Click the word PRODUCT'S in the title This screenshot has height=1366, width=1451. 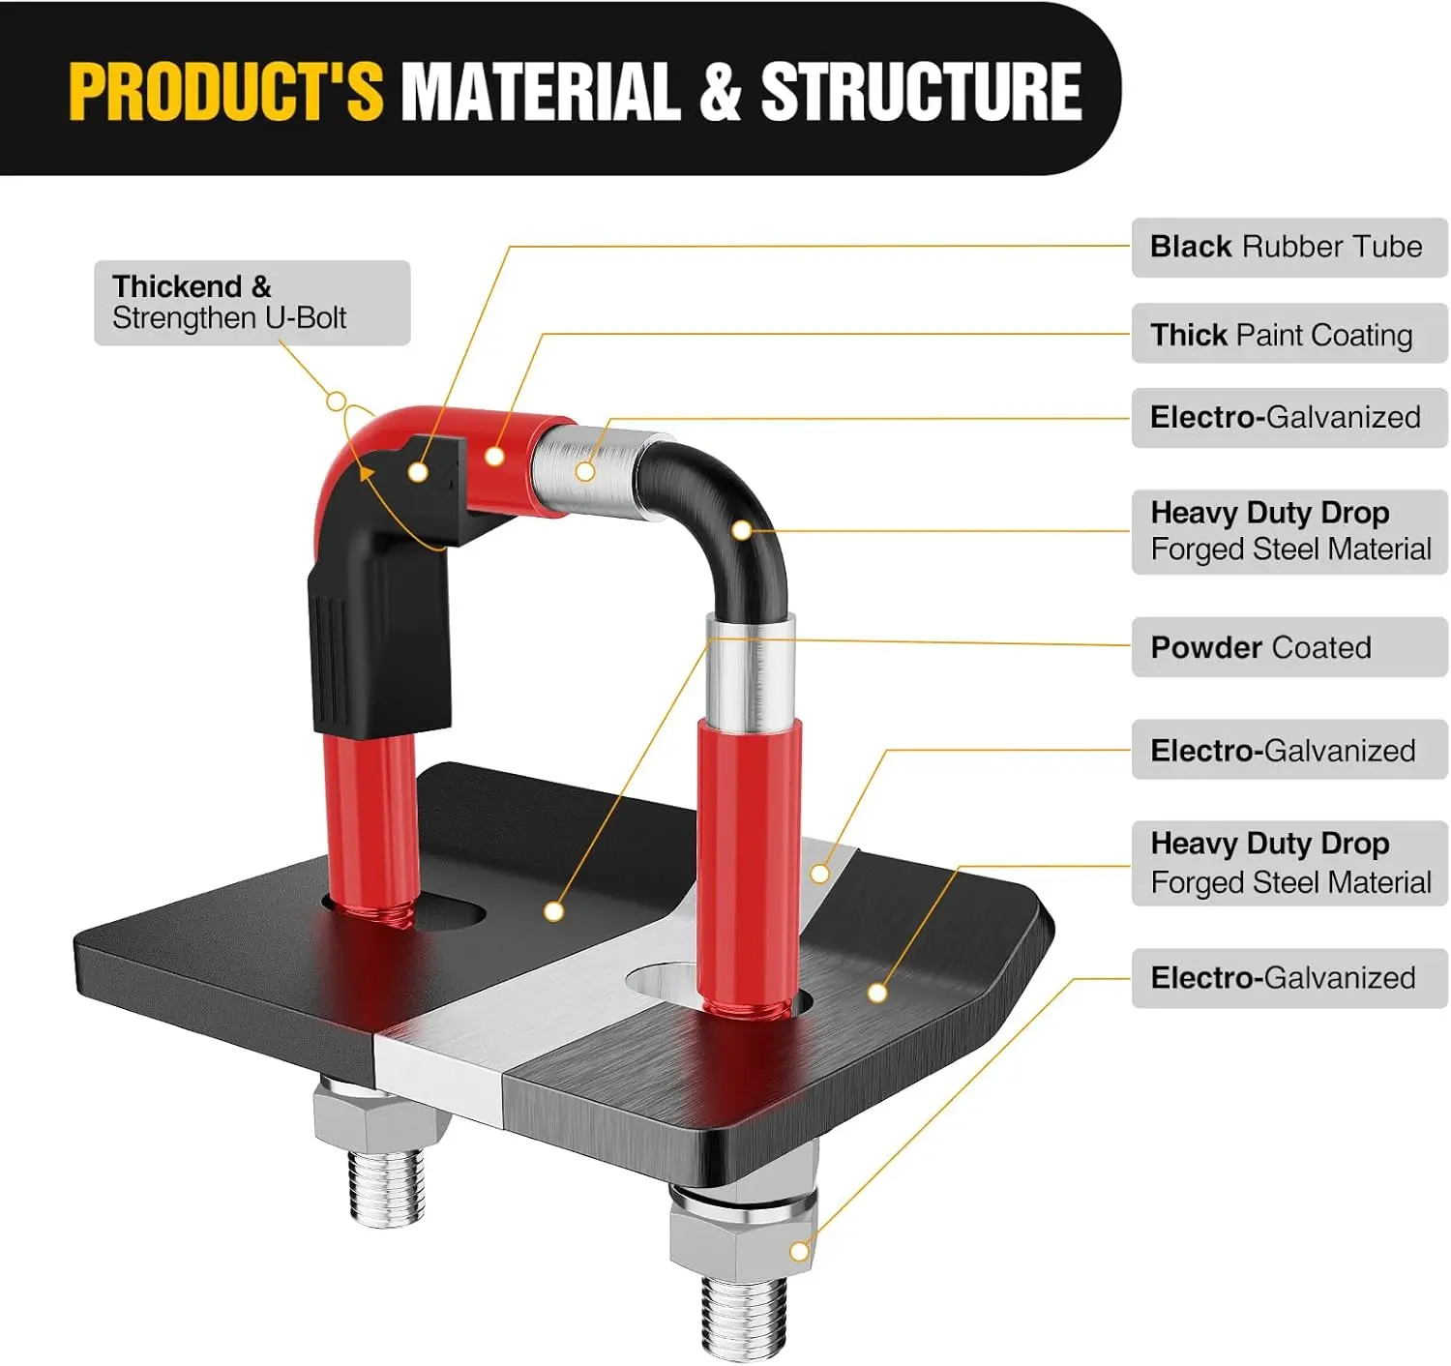coord(225,91)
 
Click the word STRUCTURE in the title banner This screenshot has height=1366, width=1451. coord(921,91)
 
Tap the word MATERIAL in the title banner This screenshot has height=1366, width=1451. coord(542,91)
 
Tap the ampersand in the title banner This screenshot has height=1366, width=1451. coord(721,91)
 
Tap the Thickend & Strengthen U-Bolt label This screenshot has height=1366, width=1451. coord(252,303)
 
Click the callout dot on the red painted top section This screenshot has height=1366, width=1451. coord(494,457)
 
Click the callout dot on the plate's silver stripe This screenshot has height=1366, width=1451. coord(819,874)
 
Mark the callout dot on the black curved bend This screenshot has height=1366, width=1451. coord(742,530)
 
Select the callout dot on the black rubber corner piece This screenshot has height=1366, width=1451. coord(418,471)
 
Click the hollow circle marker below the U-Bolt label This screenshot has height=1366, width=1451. coord(336,401)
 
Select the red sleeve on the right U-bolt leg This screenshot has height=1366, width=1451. coord(749,866)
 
